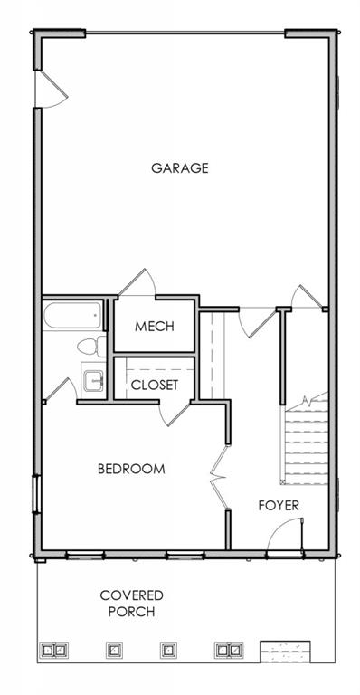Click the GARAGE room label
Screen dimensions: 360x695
pyautogui.click(x=180, y=168)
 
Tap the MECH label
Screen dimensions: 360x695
pyautogui.click(x=155, y=327)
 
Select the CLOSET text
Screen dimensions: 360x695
pyautogui.click(x=155, y=385)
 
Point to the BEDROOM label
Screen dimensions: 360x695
pyautogui.click(x=131, y=469)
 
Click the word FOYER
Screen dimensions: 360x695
pyautogui.click(x=279, y=505)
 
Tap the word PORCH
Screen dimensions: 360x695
pyautogui.click(x=131, y=612)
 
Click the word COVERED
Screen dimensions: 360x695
pyautogui.click(x=131, y=595)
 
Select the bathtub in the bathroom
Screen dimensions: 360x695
pyautogui.click(x=72, y=315)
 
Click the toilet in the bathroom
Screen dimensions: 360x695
pyautogui.click(x=91, y=347)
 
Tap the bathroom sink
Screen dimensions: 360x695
pyautogui.click(x=93, y=381)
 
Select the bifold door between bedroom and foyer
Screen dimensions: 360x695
pyautogui.click(x=219, y=478)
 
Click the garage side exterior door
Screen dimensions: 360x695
pyautogui.click(x=52, y=89)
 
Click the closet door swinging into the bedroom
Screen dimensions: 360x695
pyautogui.click(x=174, y=414)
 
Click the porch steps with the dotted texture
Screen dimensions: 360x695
pyautogui.click(x=285, y=651)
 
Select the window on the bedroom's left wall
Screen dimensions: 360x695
pyautogui.click(x=36, y=494)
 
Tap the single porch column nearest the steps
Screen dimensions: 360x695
pyautogui.click(x=167, y=650)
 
